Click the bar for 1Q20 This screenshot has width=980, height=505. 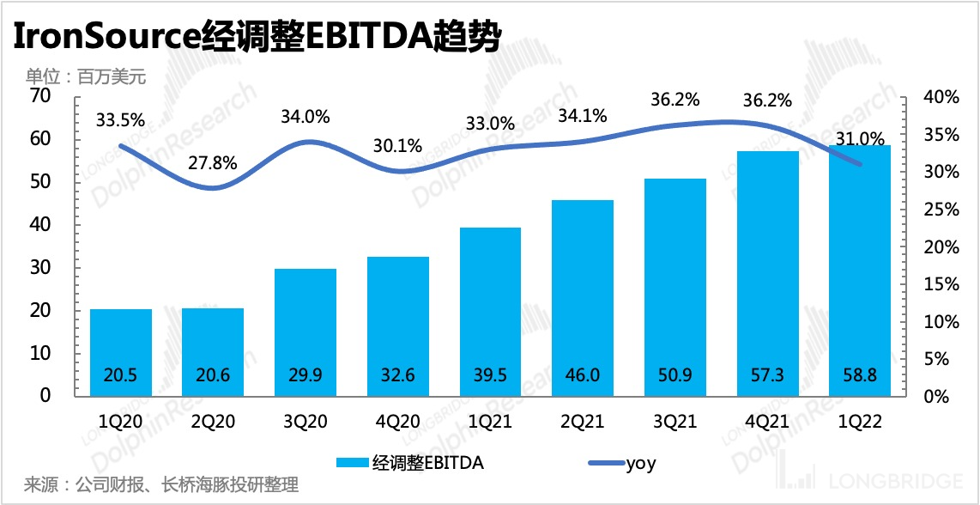(x=121, y=352)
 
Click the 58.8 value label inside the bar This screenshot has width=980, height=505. (x=860, y=377)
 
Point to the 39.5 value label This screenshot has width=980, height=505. (x=490, y=377)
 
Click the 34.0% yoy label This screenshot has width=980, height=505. (x=305, y=117)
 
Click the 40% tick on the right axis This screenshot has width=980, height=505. (x=941, y=97)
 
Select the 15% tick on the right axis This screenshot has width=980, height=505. (x=941, y=284)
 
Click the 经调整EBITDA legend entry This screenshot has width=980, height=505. (x=426, y=463)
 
